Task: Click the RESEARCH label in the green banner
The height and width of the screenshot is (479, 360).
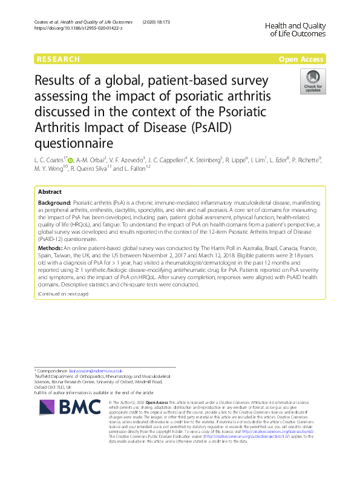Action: pos(58,59)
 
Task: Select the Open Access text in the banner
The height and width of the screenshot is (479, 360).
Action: pos(302,59)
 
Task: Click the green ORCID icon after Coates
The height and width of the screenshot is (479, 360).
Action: pos(70,160)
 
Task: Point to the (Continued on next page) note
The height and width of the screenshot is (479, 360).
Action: pos(63,294)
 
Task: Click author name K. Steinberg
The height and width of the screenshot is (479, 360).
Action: pos(208,160)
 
